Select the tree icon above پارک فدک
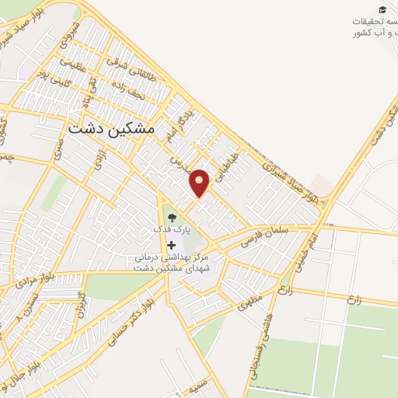171,218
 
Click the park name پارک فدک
171,231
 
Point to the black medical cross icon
171,246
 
